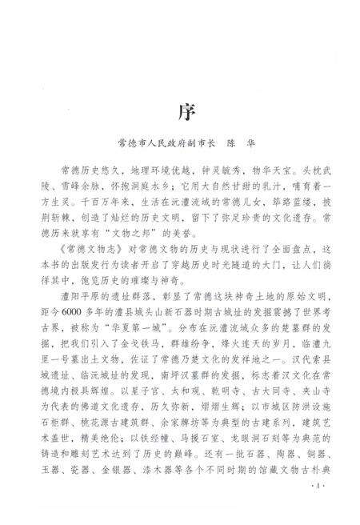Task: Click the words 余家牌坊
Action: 200,419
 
